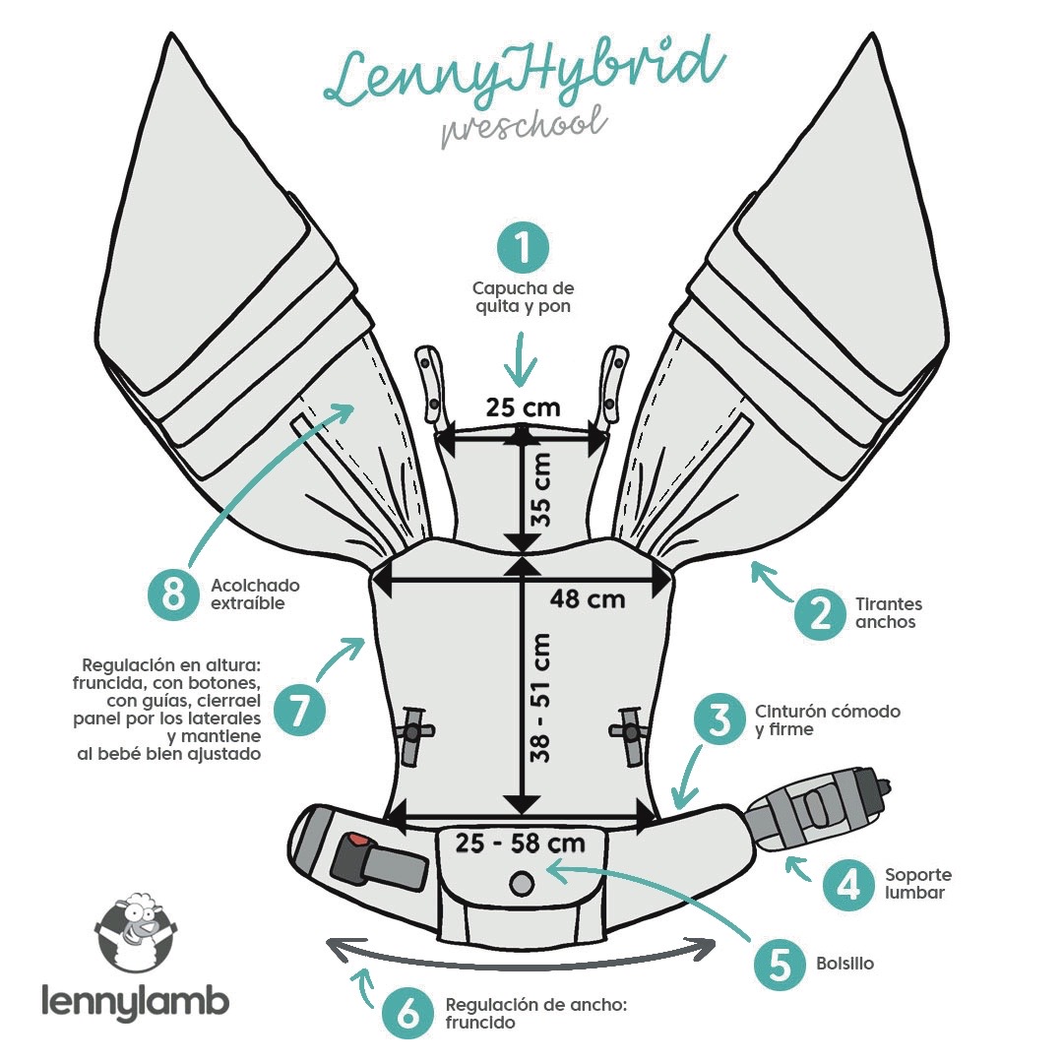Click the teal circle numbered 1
[x=522, y=248]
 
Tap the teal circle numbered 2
[x=820, y=613]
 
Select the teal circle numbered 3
[x=719, y=719]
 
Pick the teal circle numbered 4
[x=848, y=884]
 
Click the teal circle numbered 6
[x=407, y=1014]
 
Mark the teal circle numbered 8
[x=174, y=594]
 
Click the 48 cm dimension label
[x=587, y=599]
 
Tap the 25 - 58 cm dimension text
[x=520, y=844]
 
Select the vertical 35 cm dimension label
[x=541, y=489]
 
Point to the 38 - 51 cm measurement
[x=540, y=698]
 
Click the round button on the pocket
[x=521, y=883]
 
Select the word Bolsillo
[x=844, y=964]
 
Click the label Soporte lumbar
[x=918, y=883]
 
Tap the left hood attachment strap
[x=430, y=384]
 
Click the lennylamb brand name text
[x=135, y=1001]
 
